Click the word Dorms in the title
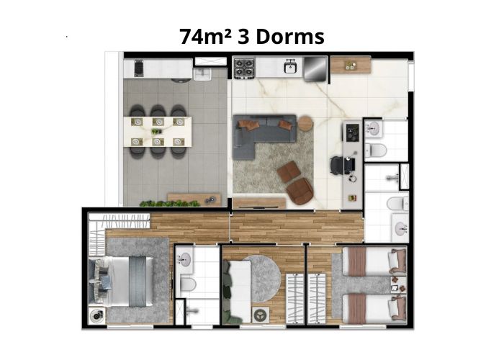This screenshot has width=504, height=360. pos(290,36)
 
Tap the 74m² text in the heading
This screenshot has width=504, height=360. pos(205,36)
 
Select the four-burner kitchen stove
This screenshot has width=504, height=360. pos(244,68)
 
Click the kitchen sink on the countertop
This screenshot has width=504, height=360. pos(291,67)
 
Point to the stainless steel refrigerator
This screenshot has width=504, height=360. pos(315,68)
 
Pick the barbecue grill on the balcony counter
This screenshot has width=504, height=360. pos(138,68)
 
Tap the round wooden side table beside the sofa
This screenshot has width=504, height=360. pos(306,123)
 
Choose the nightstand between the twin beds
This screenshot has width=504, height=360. pos(397,284)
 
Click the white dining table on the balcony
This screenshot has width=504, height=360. pos(158,132)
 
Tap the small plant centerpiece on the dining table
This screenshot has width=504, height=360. pos(156,131)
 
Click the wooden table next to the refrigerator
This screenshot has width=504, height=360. pos(351,65)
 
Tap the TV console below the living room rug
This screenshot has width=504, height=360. pos(259,203)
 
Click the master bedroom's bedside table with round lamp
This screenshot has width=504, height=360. pos(96,315)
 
